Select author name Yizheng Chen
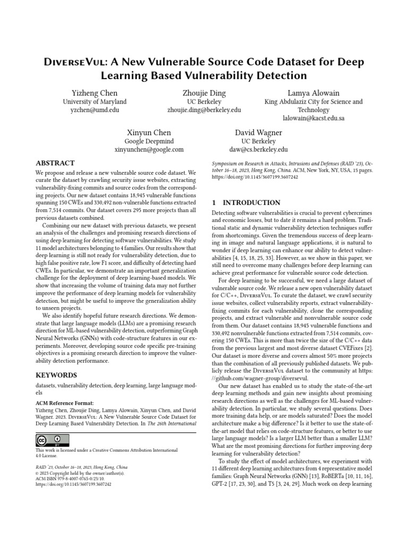coord(95,93)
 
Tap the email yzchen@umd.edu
coord(95,110)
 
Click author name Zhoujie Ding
coord(204,93)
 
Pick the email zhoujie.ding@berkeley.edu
coord(204,110)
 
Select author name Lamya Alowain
coord(313,93)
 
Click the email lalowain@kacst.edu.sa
coord(313,118)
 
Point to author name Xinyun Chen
coord(149,132)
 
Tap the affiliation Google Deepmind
coord(149,141)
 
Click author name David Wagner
coord(259,132)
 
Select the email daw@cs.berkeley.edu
coord(259,150)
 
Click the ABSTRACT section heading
coord(55,163)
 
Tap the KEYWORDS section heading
coord(56,375)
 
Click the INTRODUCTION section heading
coord(246,203)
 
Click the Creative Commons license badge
coord(53,440)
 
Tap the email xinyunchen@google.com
coord(149,150)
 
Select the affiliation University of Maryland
coord(95,101)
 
